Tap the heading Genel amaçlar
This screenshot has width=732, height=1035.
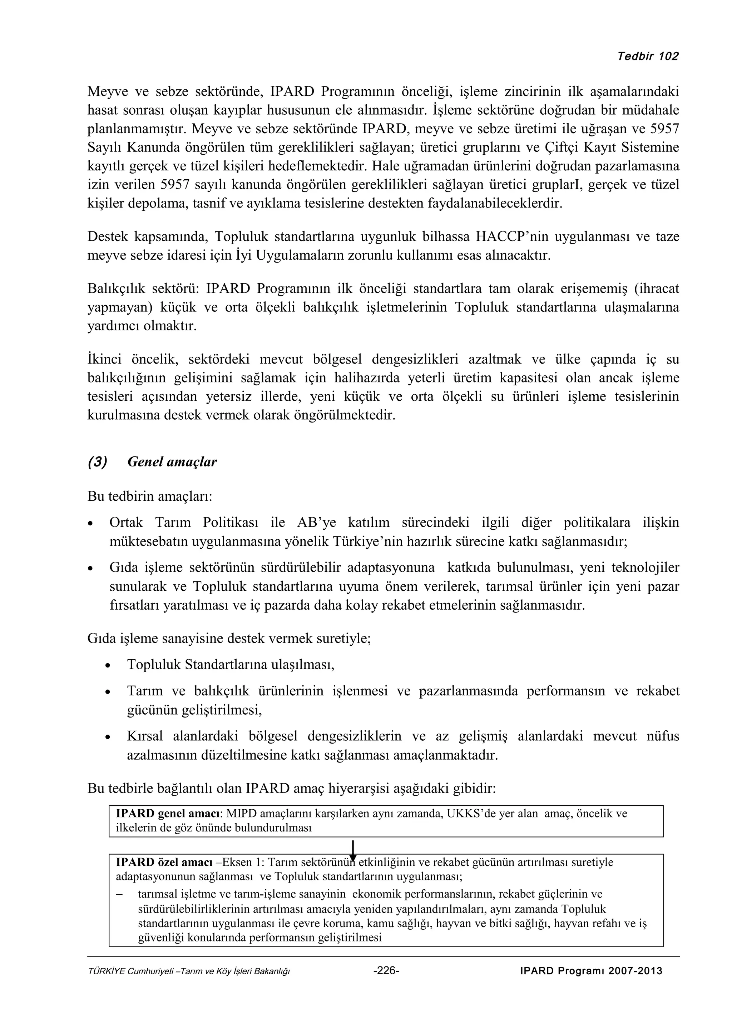point(172,462)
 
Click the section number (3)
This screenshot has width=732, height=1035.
point(98,462)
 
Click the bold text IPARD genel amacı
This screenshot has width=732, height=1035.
point(168,814)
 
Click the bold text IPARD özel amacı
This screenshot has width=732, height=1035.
point(164,862)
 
